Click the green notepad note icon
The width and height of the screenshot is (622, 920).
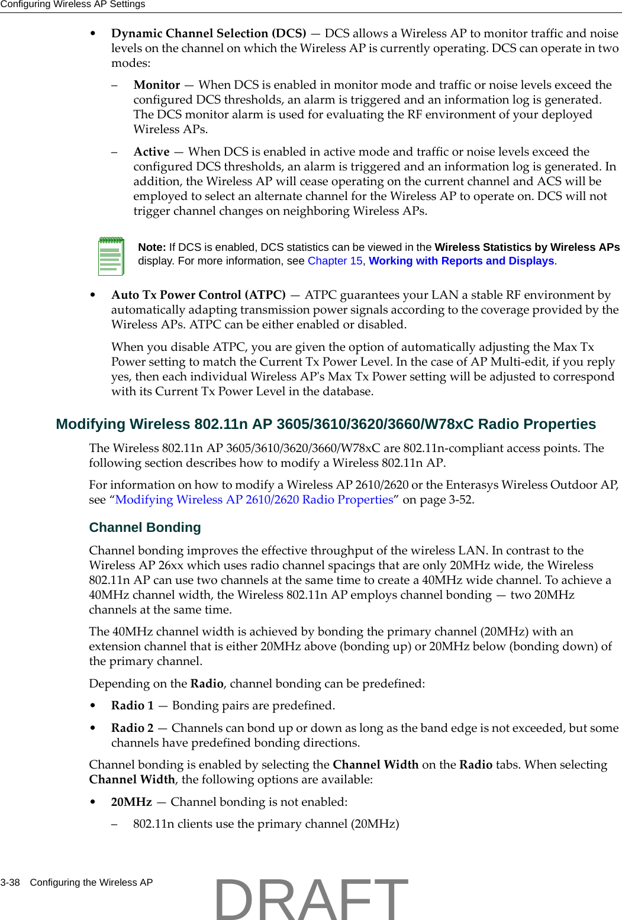pos(111,256)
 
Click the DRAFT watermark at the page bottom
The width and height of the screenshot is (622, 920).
pos(311,899)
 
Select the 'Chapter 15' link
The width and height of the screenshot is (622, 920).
pos(335,261)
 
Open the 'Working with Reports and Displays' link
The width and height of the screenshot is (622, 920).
pos(461,261)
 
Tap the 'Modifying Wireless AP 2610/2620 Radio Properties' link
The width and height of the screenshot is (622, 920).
pos(254,500)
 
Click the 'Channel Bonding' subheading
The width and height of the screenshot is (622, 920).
pos(145,528)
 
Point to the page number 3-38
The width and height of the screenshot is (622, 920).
pos(10,883)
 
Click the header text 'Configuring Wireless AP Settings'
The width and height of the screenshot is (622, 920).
pos(72,5)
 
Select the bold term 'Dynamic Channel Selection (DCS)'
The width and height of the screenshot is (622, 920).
pos(208,34)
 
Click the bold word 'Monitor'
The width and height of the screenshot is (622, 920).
pos(157,85)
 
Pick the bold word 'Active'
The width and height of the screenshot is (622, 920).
pos(152,152)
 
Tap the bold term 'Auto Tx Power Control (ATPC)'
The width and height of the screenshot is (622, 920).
pos(198,295)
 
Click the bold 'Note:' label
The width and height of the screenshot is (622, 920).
pos(152,247)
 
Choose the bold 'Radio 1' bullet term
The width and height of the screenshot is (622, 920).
pos(132,706)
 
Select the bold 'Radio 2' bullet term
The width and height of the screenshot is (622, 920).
pos(132,728)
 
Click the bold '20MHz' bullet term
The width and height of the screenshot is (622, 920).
pos(131,802)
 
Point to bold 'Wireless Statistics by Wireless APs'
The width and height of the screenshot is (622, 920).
pos(527,247)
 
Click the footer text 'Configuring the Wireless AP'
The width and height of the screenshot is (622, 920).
pos(91,883)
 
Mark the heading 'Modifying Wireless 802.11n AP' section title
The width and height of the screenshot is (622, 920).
pos(325,425)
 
